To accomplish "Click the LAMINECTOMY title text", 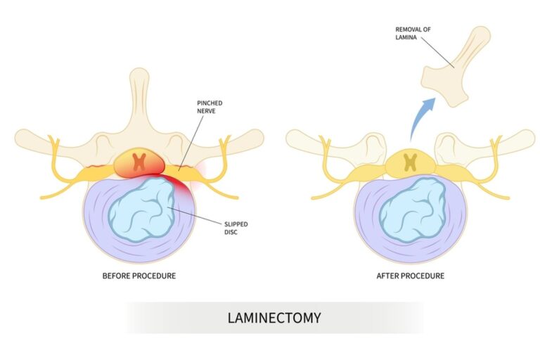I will point(274,318).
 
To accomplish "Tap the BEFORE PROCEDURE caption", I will point(139,276).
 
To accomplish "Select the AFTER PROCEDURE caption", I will point(410,276).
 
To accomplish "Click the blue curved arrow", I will point(423,117).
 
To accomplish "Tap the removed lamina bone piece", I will point(456,66).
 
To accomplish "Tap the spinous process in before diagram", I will point(139,98).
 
